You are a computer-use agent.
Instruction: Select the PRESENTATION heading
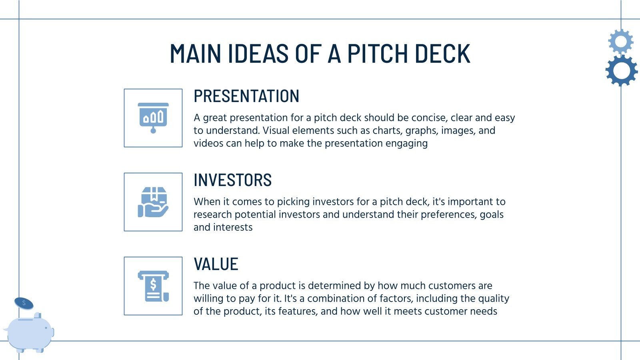click(246, 96)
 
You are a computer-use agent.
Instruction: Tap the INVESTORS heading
click(232, 180)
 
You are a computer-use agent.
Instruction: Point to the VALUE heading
click(216, 264)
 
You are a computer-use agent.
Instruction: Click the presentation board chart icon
click(153, 118)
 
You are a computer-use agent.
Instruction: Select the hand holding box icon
click(153, 202)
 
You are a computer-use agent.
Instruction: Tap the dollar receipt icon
click(153, 286)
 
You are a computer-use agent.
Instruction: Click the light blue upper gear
click(620, 41)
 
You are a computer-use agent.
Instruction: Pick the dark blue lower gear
click(621, 71)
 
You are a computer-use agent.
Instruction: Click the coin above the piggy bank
click(24, 303)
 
